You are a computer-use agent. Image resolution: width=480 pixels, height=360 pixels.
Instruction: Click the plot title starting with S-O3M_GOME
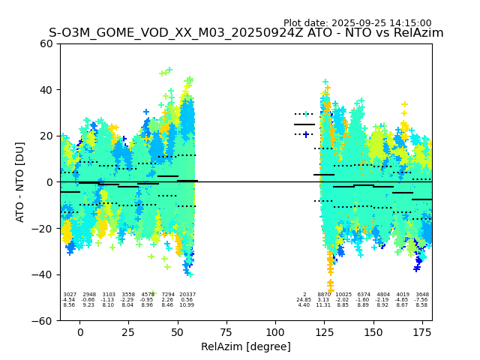click(246, 33)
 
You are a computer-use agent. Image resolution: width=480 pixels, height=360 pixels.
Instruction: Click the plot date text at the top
click(357, 23)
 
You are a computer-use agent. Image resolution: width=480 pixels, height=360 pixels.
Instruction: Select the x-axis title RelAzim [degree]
click(246, 346)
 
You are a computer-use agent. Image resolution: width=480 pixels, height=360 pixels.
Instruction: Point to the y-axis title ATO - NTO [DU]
click(20, 181)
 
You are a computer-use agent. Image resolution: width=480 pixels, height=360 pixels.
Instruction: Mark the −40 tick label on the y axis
click(43, 274)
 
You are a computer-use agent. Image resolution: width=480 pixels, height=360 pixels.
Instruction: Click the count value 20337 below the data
click(187, 295)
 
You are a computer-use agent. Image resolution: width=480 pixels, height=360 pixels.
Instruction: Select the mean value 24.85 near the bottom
click(304, 300)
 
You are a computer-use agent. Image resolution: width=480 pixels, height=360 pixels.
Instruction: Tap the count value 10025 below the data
click(343, 295)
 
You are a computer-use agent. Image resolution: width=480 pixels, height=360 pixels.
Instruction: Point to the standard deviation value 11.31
click(323, 305)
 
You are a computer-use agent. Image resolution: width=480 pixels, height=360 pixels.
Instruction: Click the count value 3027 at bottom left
click(70, 295)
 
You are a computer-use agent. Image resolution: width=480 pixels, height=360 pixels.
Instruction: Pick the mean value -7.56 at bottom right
click(422, 300)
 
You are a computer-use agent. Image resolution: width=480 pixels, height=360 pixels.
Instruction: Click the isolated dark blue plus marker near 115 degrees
click(306, 135)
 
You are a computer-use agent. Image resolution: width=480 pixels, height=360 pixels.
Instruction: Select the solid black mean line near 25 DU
click(304, 124)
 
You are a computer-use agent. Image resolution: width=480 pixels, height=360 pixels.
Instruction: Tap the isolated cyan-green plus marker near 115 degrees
click(305, 114)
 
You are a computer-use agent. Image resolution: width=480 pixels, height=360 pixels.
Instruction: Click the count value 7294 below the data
click(168, 295)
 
